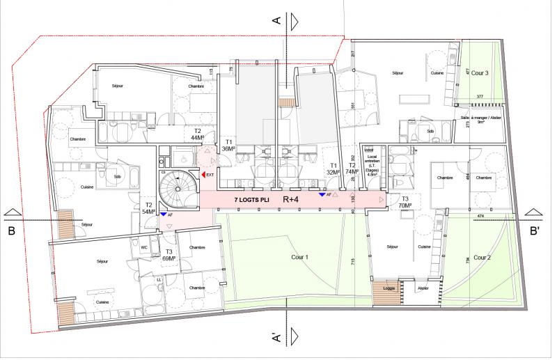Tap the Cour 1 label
pos(296,256)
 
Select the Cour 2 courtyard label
pos(481,258)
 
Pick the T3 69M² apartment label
pos(169,253)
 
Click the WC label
pos(144,246)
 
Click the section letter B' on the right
pos(534,230)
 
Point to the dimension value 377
pos(480,95)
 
